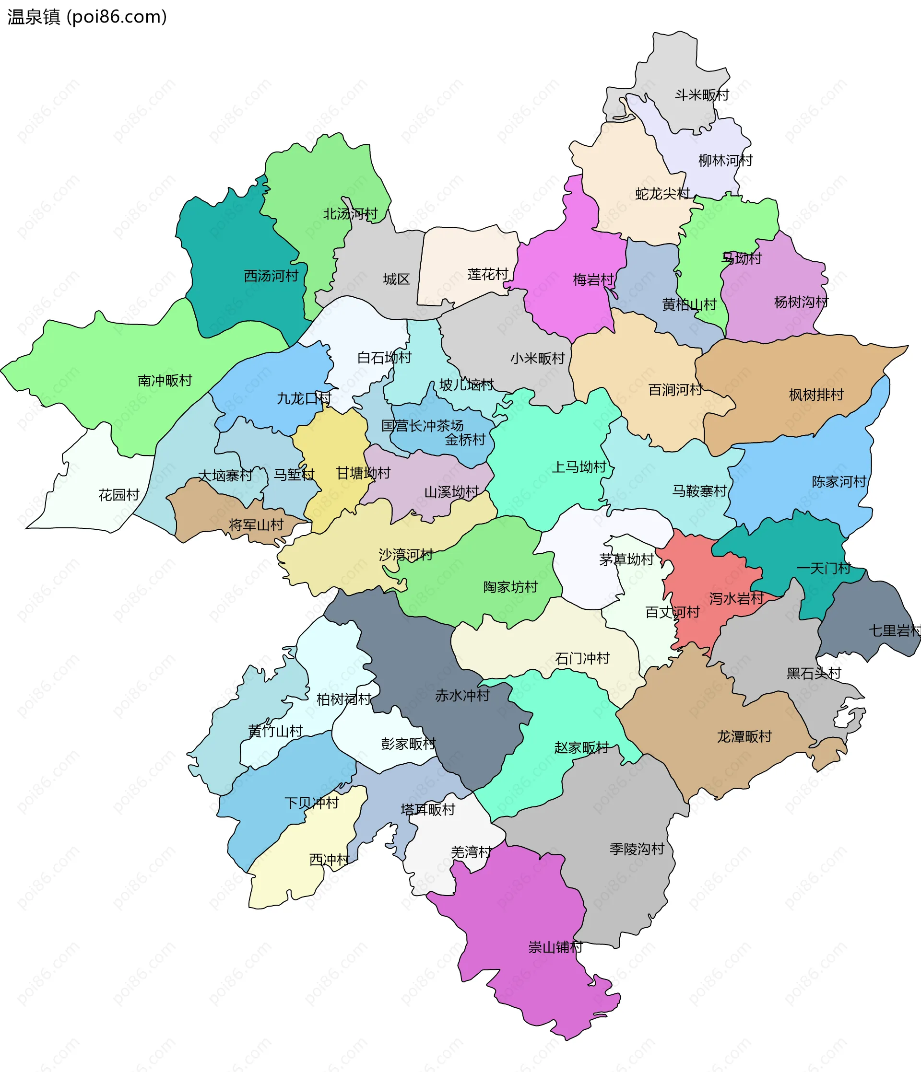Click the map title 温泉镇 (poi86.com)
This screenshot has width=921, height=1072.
[87, 17]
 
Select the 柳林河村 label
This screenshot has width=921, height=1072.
[725, 161]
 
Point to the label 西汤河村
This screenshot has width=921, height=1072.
[272, 276]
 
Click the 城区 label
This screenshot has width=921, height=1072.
[396, 280]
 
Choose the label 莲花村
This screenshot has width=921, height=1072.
[488, 274]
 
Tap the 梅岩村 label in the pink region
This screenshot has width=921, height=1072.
[593, 280]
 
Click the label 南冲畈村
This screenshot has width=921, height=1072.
[165, 381]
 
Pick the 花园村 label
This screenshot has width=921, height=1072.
[119, 495]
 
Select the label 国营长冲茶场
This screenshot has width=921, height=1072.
[423, 426]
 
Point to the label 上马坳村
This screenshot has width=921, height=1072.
[579, 467]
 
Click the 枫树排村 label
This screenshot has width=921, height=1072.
[816, 395]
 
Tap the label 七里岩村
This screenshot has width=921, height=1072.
[895, 630]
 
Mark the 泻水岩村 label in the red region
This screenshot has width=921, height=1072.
[736, 599]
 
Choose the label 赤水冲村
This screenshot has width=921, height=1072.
[462, 696]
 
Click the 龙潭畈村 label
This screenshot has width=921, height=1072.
[744, 737]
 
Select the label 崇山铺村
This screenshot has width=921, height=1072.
[555, 947]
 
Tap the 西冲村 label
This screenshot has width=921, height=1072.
[329, 860]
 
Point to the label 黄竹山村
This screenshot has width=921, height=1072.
[275, 731]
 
